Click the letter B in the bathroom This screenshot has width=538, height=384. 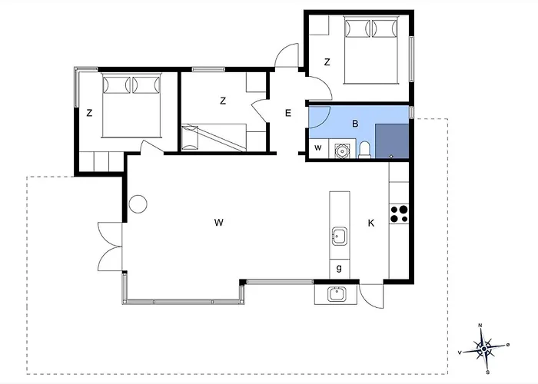tap(355, 123)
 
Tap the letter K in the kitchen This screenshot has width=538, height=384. tap(370, 223)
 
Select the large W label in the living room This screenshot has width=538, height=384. tap(219, 223)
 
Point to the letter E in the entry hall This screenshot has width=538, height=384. tap(288, 114)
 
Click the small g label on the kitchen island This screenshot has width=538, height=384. tap(339, 269)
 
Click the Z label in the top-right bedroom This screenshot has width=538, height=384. tap(327, 61)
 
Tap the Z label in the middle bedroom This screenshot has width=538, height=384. tap(223, 101)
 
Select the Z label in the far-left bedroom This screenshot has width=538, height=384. tap(89, 113)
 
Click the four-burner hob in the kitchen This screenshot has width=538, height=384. tap(399, 213)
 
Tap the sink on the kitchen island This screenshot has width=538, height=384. tap(339, 234)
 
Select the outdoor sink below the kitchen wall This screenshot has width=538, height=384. tap(335, 293)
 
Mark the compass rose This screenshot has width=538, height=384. tap(483, 348)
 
